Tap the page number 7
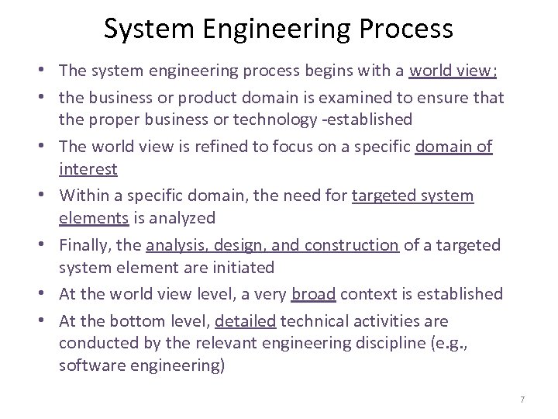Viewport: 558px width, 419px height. pos(522,399)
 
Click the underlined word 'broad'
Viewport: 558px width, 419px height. pos(314,294)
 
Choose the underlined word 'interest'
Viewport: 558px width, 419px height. pos(88,169)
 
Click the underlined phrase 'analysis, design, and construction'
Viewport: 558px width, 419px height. pos(272,245)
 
